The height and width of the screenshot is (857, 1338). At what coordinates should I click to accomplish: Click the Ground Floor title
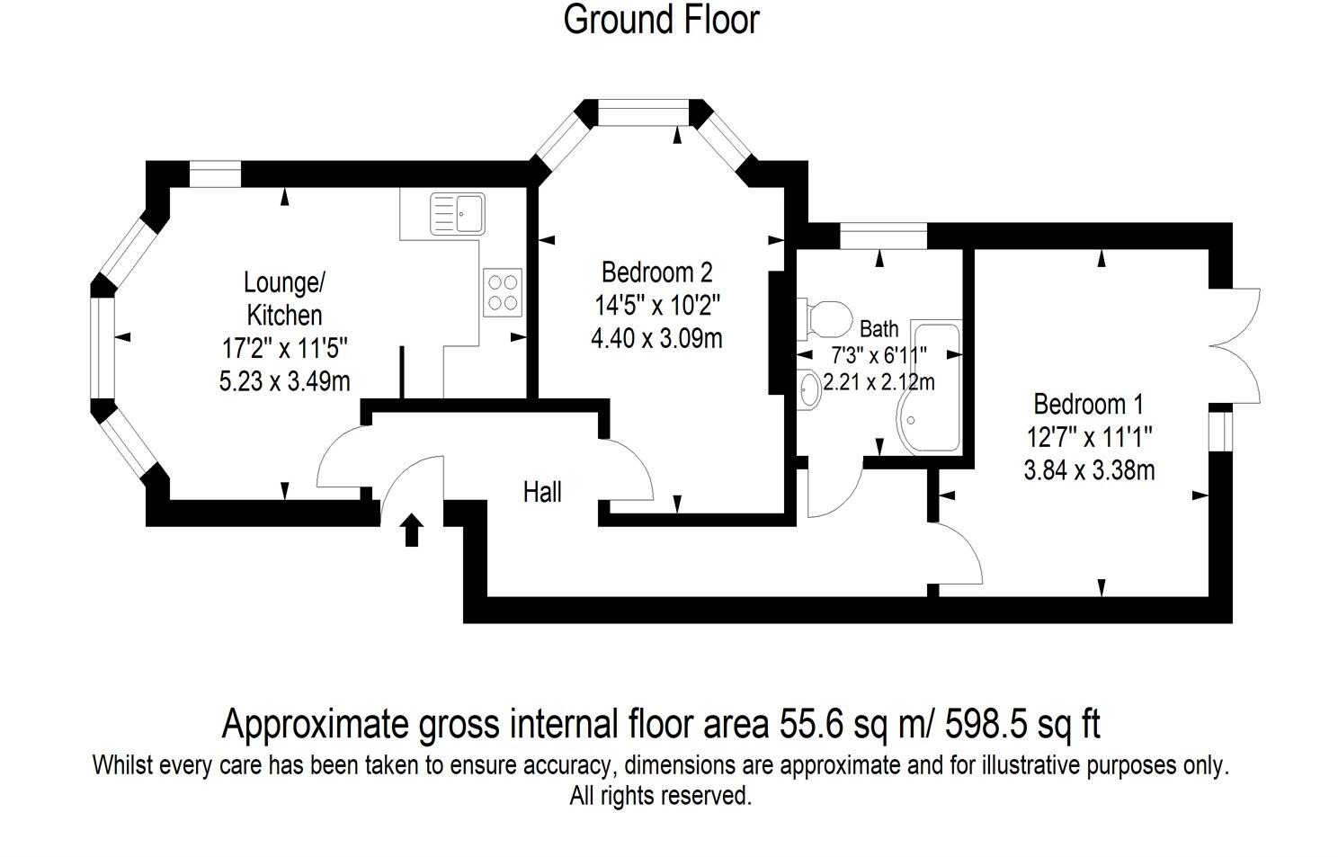661,20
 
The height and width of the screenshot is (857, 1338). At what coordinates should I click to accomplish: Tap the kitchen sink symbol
457,213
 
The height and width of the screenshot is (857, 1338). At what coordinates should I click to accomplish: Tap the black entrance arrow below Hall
412,530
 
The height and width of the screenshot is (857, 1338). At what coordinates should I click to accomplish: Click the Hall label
542,492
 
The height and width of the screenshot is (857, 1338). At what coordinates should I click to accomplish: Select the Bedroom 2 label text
656,272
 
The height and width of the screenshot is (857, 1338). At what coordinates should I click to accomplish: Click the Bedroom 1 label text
1089,404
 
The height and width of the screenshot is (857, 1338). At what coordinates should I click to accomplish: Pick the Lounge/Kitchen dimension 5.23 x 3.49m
284,381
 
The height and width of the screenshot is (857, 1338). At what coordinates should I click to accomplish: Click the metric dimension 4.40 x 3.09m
657,338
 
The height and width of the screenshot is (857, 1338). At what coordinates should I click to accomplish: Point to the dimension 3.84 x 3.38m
1089,469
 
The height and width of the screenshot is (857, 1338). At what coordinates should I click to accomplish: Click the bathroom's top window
882,236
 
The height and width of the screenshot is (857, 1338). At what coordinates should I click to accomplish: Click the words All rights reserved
660,796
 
